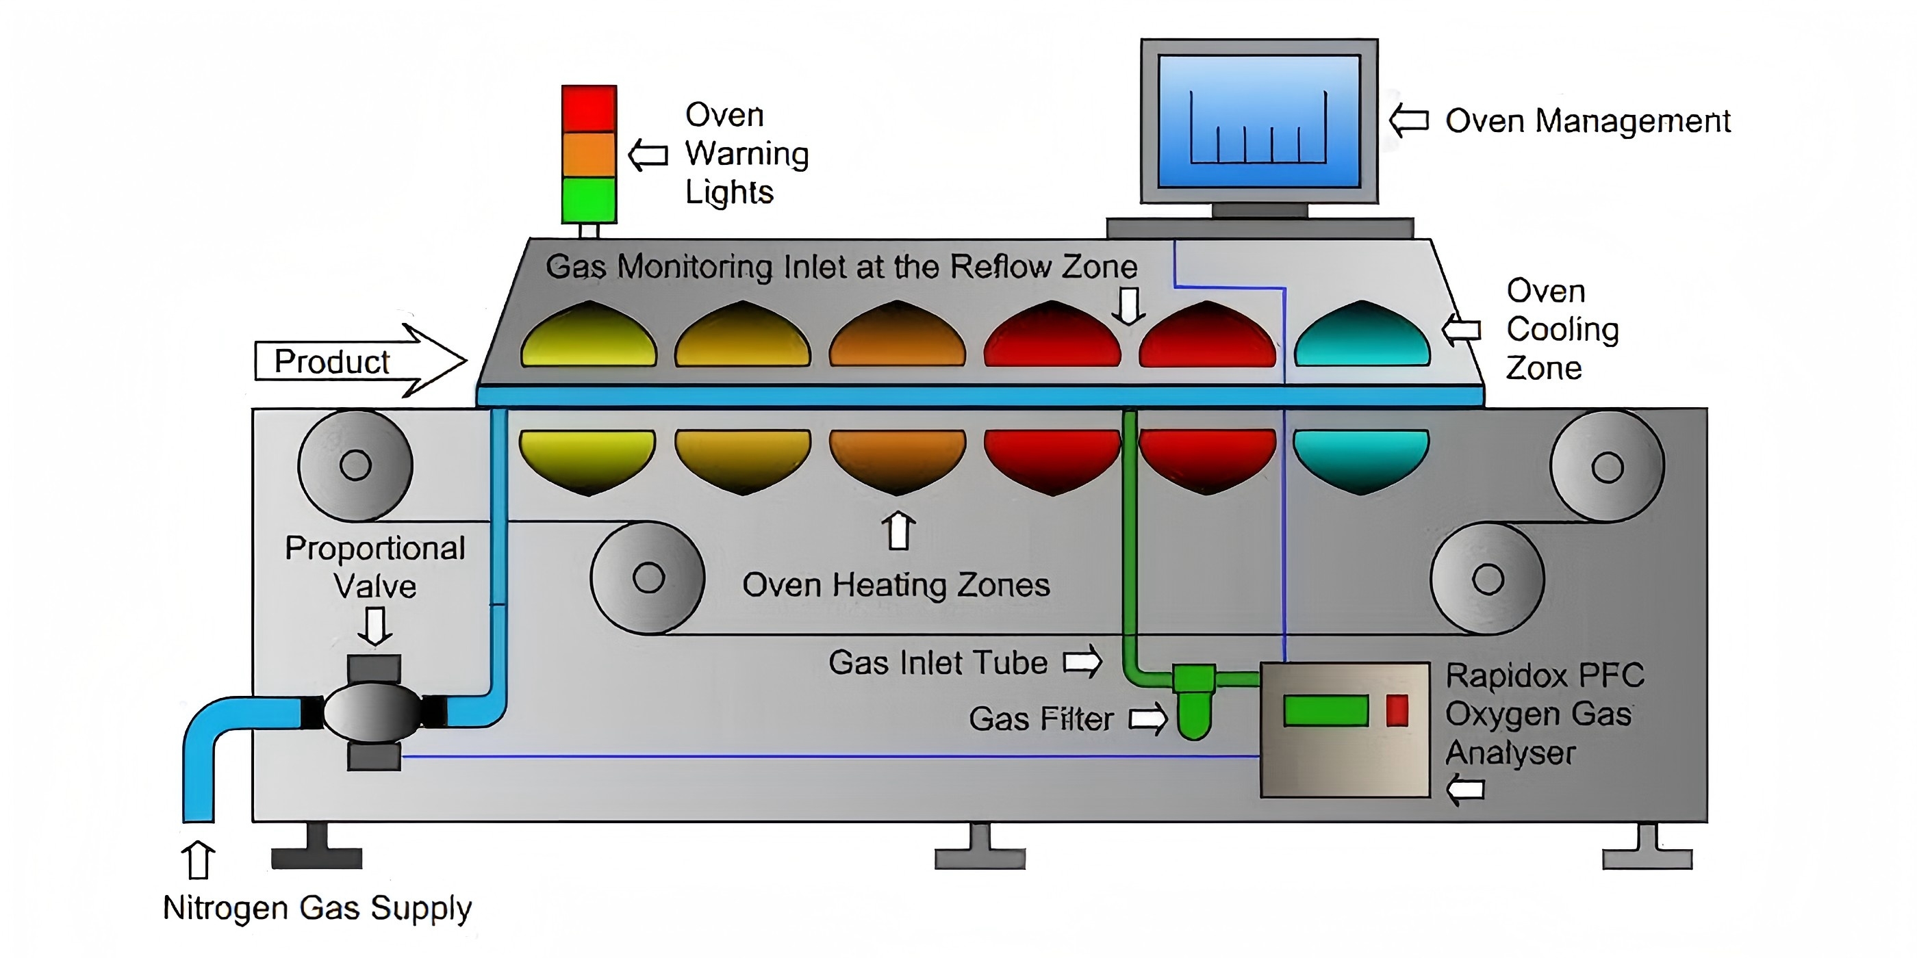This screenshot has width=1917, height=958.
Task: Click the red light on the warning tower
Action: [589, 109]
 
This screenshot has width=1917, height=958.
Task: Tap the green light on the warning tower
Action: [589, 198]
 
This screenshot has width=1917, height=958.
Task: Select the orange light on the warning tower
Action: [589, 155]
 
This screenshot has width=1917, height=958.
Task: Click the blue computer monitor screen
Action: [1259, 121]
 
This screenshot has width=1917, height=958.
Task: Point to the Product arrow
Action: [360, 361]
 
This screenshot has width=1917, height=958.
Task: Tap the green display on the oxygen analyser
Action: [1326, 710]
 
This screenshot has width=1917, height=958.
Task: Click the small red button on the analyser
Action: [1397, 710]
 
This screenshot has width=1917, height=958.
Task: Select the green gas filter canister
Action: [1193, 707]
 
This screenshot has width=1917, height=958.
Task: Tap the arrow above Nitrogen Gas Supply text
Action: [198, 860]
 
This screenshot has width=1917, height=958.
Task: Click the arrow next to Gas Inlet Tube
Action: [1083, 661]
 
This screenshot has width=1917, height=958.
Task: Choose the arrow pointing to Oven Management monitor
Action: [1409, 120]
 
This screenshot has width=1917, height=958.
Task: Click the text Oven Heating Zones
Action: [896, 585]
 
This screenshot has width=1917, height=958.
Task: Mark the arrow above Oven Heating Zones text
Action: [898, 530]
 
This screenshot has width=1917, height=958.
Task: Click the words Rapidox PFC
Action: [1544, 676]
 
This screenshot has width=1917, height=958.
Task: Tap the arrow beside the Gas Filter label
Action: [1148, 718]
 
